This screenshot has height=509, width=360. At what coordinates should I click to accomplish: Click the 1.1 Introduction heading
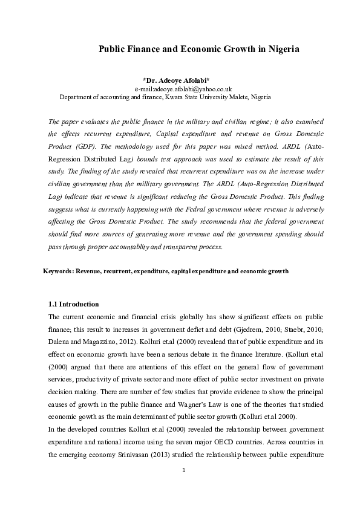pos(73,304)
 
